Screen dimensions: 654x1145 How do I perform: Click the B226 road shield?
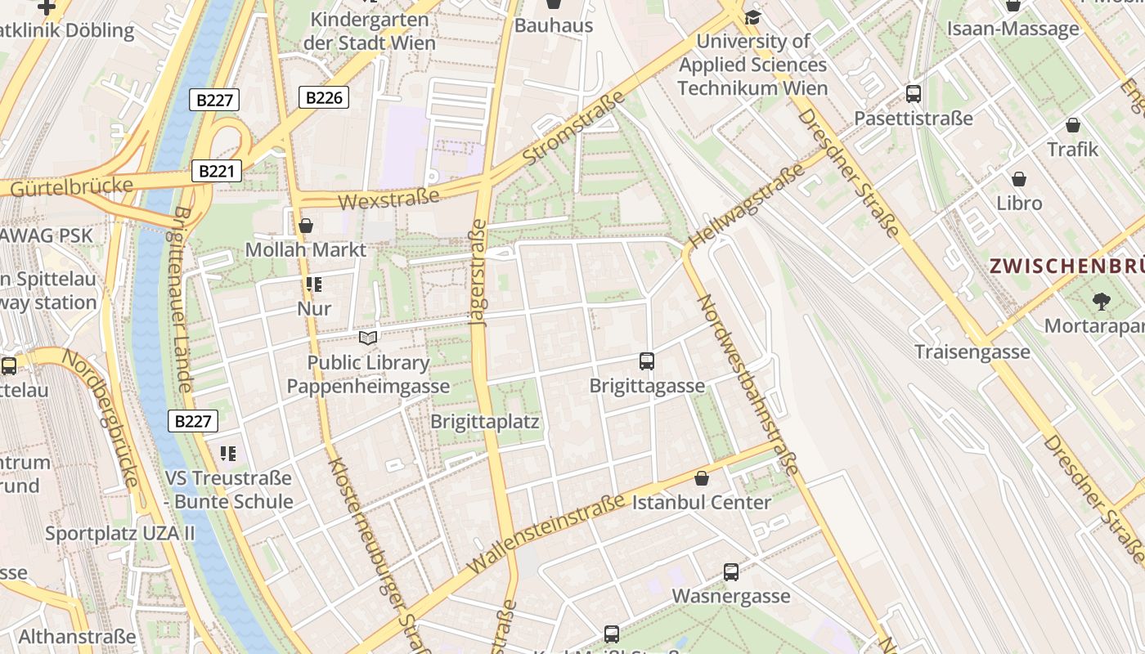324,98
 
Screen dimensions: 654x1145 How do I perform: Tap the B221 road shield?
217,171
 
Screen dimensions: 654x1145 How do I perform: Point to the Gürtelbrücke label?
72,187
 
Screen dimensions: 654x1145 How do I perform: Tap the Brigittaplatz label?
485,423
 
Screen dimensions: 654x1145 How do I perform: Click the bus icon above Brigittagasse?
647,361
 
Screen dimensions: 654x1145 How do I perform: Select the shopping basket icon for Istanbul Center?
701,478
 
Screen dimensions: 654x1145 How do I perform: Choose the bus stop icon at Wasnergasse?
731,572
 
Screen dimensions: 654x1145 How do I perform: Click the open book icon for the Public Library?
369,338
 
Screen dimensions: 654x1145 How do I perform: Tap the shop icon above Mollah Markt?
306,226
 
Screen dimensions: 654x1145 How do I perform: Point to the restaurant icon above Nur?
314,284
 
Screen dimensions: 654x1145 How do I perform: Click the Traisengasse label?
972,352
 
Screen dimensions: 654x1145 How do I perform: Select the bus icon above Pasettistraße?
914,94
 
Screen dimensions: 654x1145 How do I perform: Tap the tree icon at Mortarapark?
1101,302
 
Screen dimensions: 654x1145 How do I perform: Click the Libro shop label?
1019,203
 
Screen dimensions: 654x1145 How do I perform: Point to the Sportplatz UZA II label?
120,534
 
